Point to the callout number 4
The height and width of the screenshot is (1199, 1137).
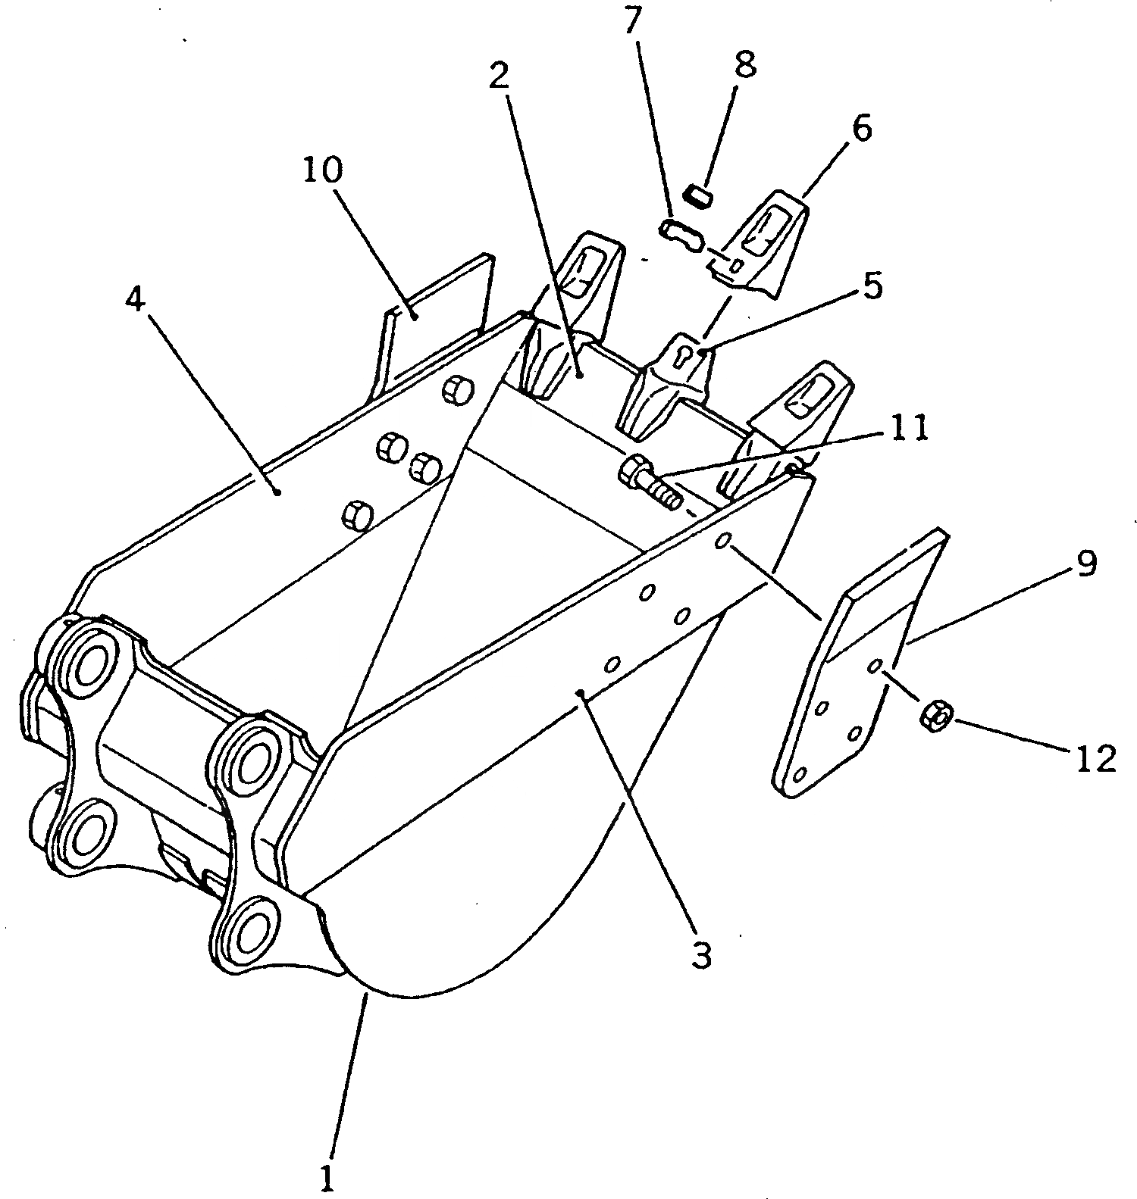click(134, 301)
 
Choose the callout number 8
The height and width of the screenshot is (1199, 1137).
click(745, 64)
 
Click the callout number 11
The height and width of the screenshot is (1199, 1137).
click(908, 429)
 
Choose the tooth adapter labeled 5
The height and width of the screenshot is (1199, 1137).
click(671, 386)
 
